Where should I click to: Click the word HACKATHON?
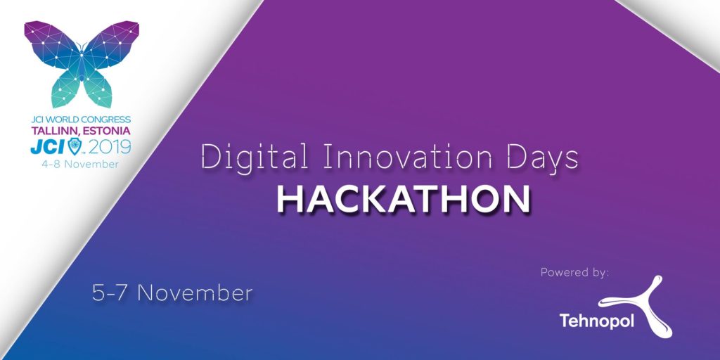click(x=403, y=199)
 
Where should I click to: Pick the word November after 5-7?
click(x=195, y=293)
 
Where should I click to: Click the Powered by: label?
click(x=574, y=272)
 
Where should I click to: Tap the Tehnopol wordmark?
click(x=596, y=321)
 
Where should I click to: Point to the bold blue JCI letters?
click(x=48, y=146)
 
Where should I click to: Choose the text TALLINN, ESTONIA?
click(x=80, y=130)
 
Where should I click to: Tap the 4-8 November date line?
click(x=81, y=163)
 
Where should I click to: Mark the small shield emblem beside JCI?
click(x=75, y=146)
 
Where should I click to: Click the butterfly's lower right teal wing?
click(x=97, y=86)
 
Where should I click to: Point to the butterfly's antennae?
click(x=82, y=46)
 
